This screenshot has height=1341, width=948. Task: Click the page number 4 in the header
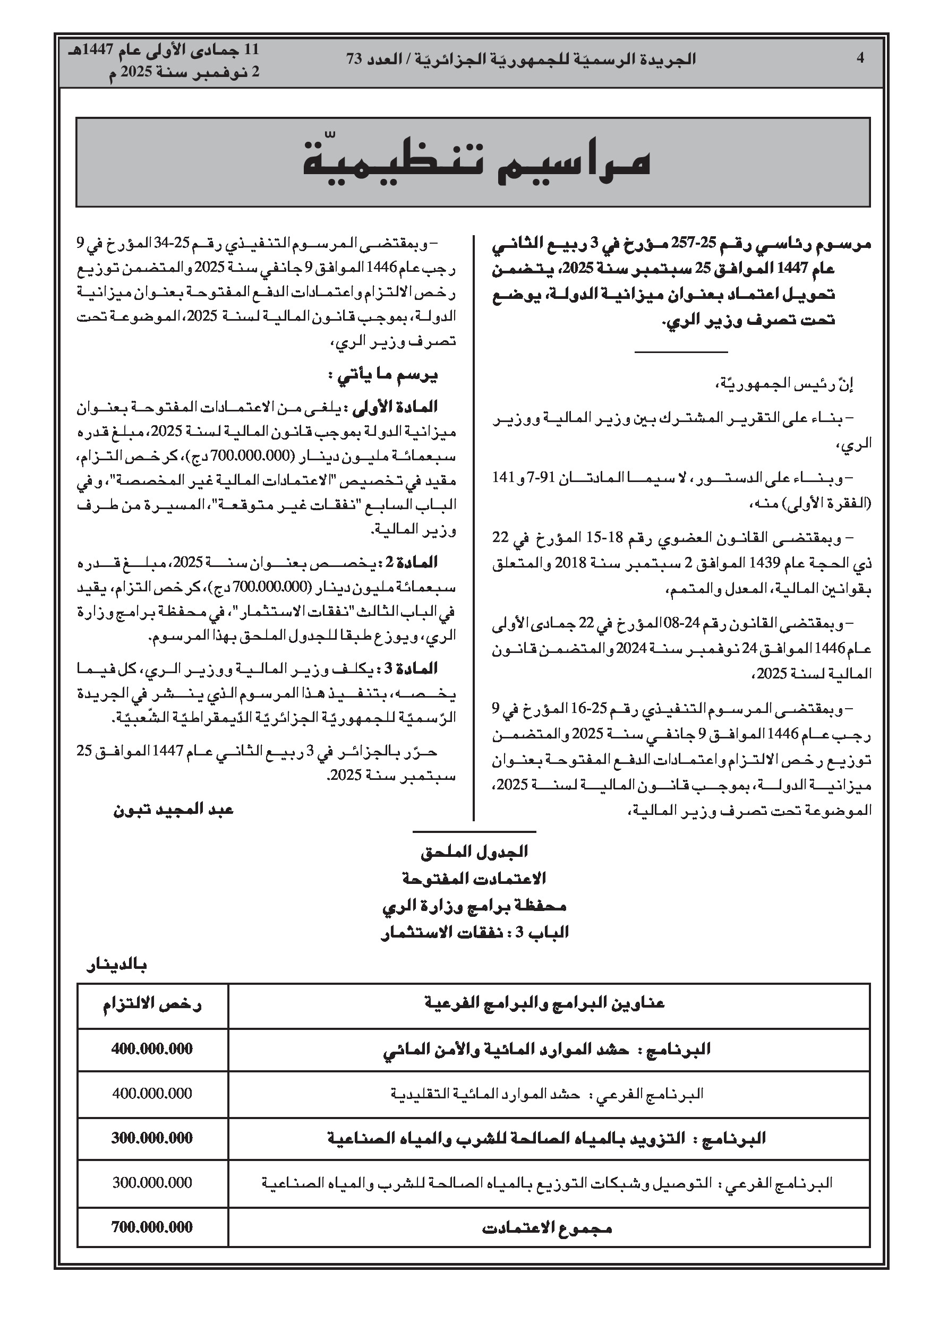[x=860, y=58]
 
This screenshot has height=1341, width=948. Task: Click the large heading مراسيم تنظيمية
[x=476, y=163]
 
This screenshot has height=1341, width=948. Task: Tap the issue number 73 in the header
[x=355, y=59]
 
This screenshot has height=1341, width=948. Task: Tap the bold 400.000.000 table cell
[x=152, y=1049]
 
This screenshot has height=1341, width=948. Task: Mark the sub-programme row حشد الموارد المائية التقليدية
[x=546, y=1094]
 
